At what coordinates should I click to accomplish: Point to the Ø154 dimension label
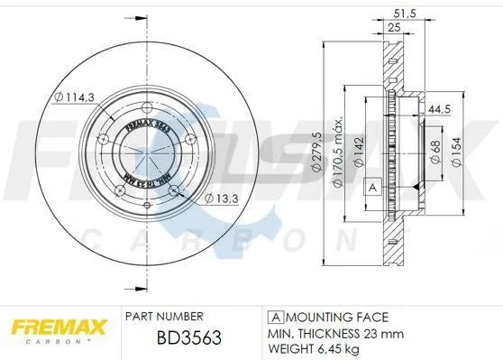(458, 152)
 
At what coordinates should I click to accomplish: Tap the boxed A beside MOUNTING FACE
(274, 318)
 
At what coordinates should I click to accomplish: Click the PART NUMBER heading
(165, 317)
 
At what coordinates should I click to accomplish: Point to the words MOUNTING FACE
(334, 318)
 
